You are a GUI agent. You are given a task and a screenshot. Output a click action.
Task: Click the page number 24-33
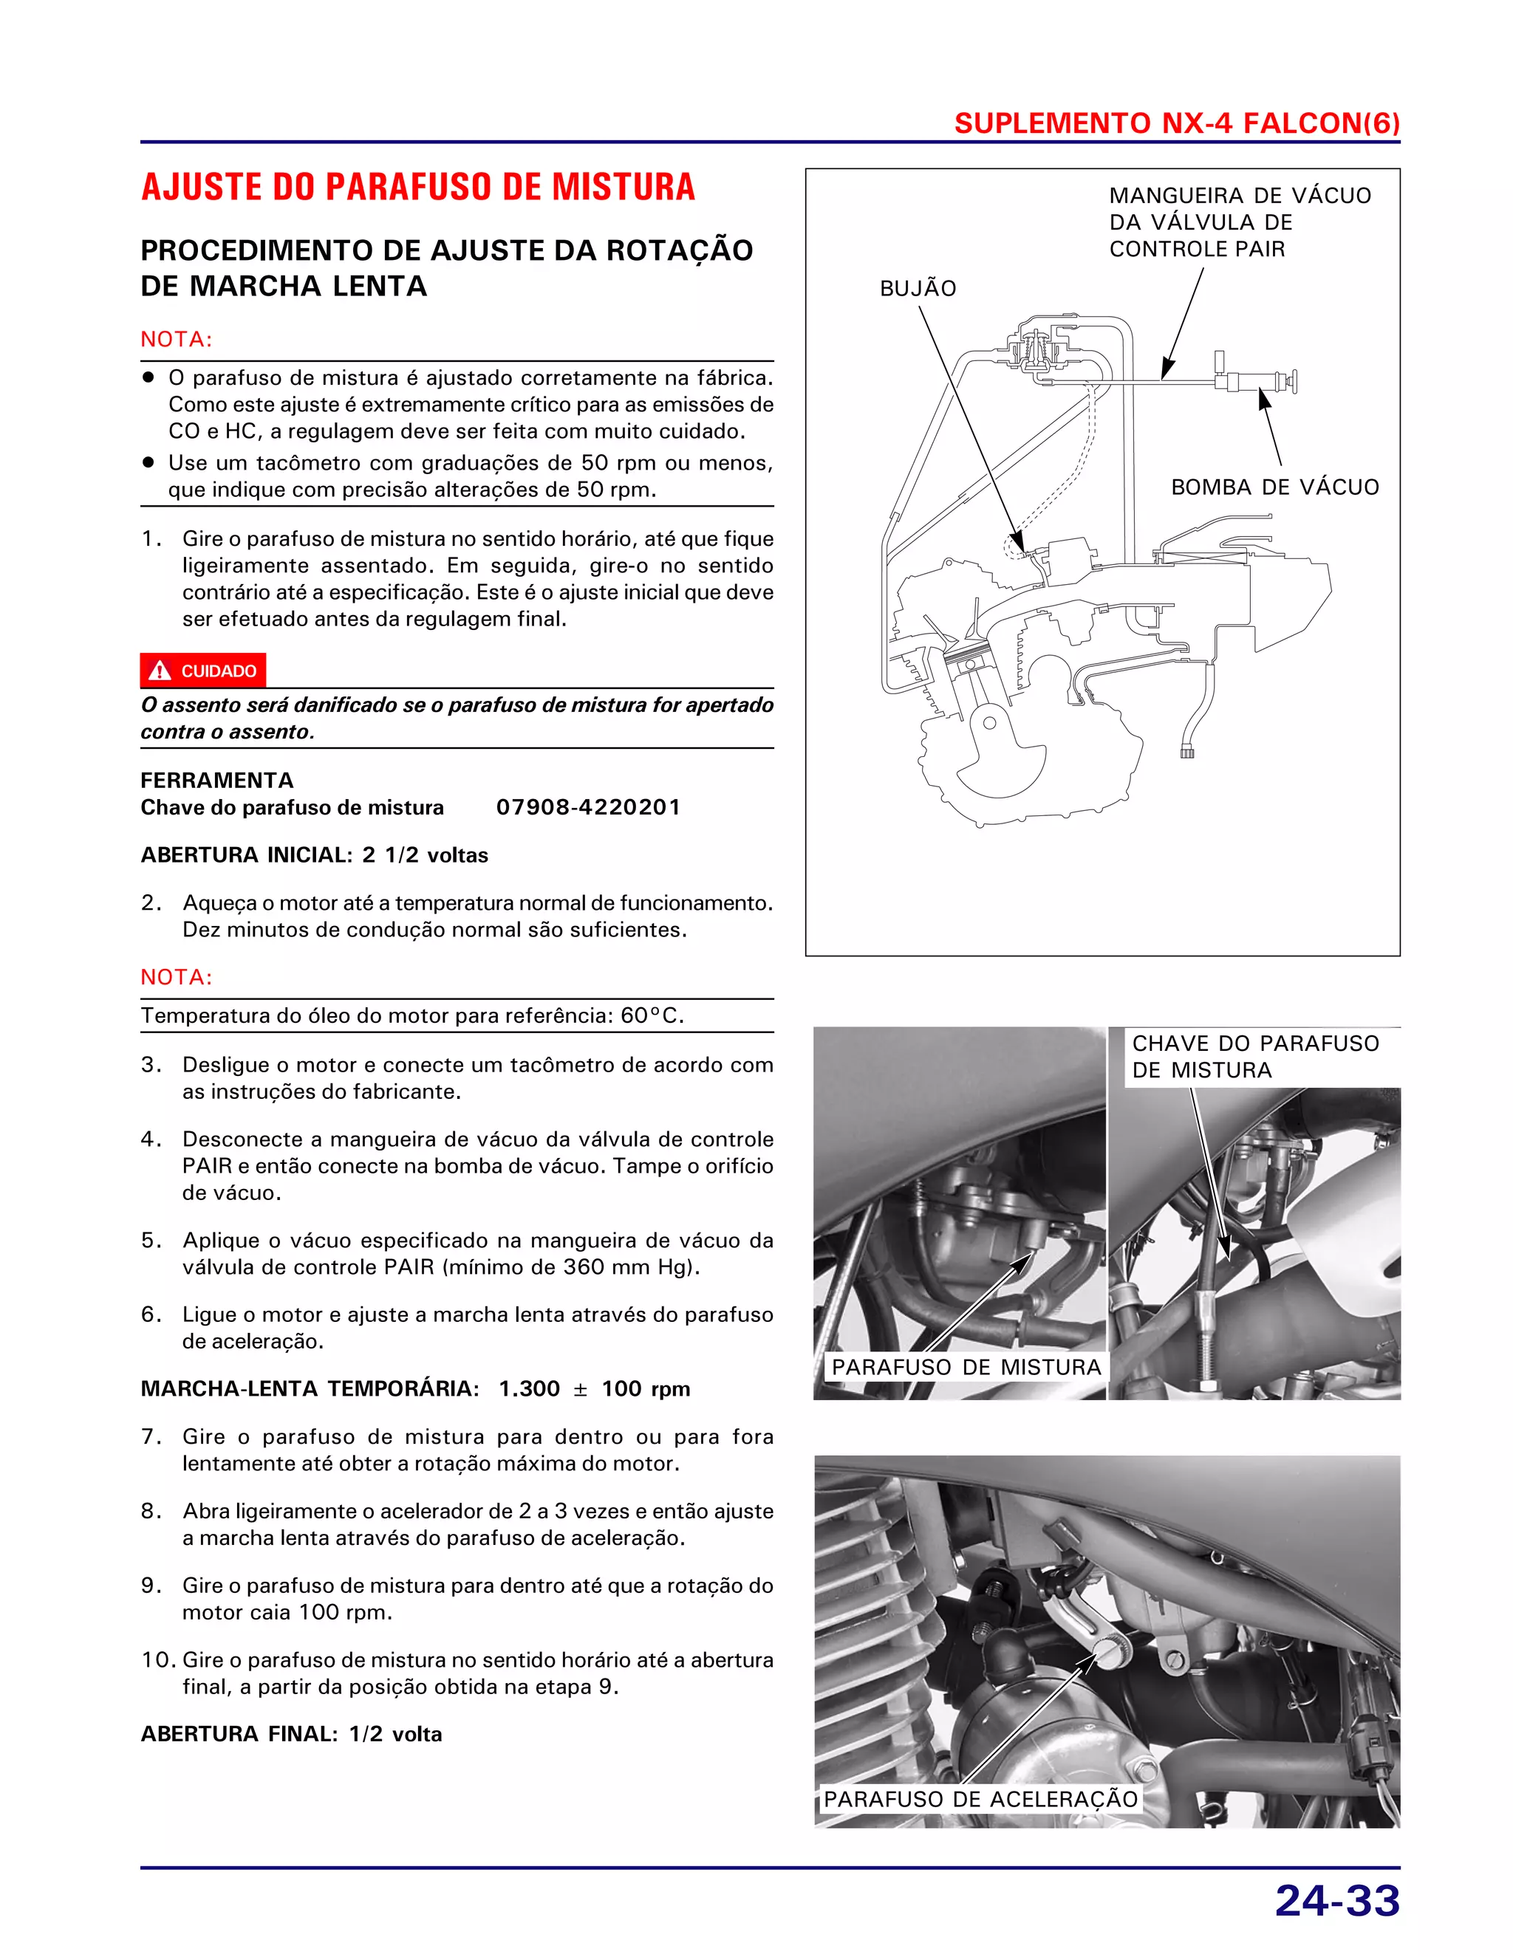pyautogui.click(x=1336, y=1901)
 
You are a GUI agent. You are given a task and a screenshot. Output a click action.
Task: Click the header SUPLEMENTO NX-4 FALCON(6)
pyautogui.click(x=1176, y=123)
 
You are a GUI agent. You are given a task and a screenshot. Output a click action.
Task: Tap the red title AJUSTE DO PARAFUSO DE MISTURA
pyautogui.click(x=417, y=188)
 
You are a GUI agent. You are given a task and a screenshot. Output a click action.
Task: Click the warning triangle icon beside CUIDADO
pyautogui.click(x=160, y=671)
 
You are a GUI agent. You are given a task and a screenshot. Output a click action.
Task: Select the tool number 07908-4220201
pyautogui.click(x=588, y=807)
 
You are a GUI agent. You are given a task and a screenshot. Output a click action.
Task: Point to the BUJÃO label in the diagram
pyautogui.click(x=917, y=289)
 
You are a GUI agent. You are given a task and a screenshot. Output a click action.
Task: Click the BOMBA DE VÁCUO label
pyautogui.click(x=1274, y=487)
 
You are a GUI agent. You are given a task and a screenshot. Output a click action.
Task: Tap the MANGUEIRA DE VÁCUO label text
pyautogui.click(x=1240, y=222)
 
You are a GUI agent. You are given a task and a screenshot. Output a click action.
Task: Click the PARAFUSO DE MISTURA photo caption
pyautogui.click(x=966, y=1368)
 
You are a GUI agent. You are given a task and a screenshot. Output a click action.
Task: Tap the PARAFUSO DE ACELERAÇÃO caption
pyautogui.click(x=980, y=1798)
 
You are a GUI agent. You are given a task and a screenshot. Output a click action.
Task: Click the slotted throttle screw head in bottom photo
pyautogui.click(x=1110, y=1651)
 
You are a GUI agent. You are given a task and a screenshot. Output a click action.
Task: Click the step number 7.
pyautogui.click(x=151, y=1437)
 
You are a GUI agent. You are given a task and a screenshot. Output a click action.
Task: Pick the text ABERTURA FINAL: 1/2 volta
pyautogui.click(x=291, y=1734)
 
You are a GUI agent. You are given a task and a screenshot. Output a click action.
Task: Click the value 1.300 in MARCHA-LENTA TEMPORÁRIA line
pyautogui.click(x=529, y=1389)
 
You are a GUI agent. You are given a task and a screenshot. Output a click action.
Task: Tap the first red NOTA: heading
pyautogui.click(x=177, y=340)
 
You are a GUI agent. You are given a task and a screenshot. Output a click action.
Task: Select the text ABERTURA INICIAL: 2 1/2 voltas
pyautogui.click(x=314, y=855)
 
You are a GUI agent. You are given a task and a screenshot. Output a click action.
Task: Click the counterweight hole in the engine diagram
pyautogui.click(x=989, y=722)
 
